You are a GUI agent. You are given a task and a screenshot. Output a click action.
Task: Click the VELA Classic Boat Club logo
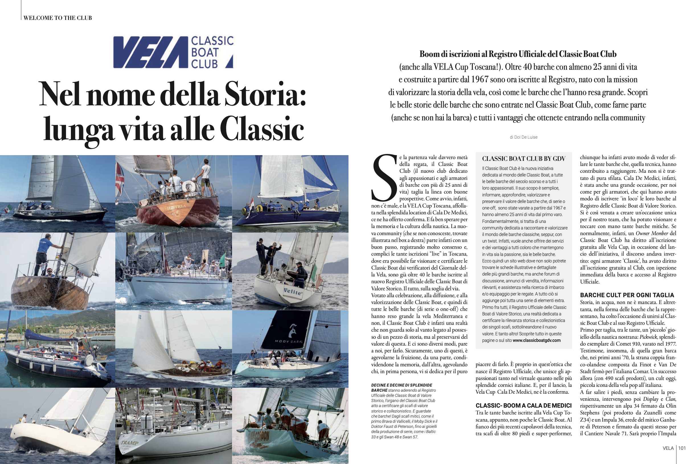pyautogui.click(x=173, y=52)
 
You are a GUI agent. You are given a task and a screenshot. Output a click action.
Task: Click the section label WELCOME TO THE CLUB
pyautogui.click(x=58, y=18)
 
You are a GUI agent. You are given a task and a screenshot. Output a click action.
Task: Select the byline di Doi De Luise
pyautogui.click(x=524, y=137)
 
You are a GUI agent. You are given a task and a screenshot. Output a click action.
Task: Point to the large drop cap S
pyautogui.click(x=384, y=178)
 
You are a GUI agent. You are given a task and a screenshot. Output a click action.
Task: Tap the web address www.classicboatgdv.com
pyautogui.click(x=537, y=340)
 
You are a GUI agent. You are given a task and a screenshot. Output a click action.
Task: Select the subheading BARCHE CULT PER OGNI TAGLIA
pyautogui.click(x=627, y=295)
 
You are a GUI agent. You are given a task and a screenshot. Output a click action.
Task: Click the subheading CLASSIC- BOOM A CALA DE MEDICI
pyautogui.click(x=523, y=406)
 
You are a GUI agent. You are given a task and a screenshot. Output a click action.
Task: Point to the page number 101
pyautogui.click(x=682, y=448)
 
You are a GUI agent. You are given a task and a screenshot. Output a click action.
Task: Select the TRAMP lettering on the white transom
pyautogui.click(x=129, y=443)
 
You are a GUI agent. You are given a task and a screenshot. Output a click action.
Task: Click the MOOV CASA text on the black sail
pyautogui.click(x=289, y=342)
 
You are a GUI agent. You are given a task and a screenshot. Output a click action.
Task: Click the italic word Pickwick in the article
pyautogui.click(x=648, y=337)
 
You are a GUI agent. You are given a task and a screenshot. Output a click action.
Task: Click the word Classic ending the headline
pyautogui.click(x=262, y=130)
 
